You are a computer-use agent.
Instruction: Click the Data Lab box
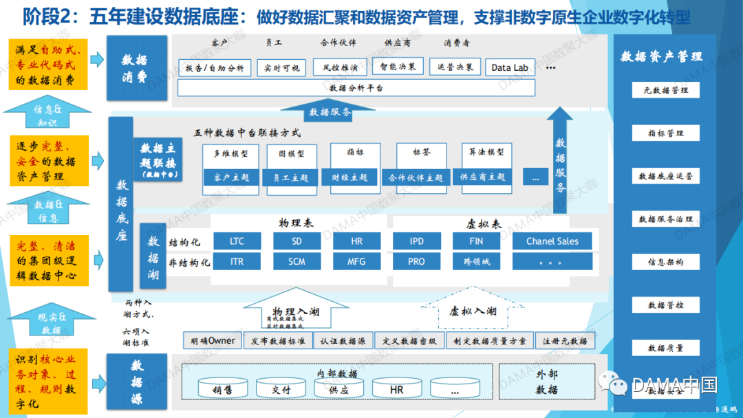point(510,67)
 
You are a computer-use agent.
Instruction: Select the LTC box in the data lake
point(237,241)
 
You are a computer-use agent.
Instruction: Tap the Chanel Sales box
point(552,241)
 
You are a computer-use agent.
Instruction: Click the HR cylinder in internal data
point(396,390)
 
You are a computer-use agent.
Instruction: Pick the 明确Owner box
point(213,340)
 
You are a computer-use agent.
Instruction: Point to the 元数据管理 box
point(665,90)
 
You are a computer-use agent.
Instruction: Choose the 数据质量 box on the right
point(665,348)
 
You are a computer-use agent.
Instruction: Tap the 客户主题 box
point(231,177)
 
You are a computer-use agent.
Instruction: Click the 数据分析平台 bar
point(356,88)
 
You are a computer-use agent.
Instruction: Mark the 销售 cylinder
point(222,390)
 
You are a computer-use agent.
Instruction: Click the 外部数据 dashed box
point(546,382)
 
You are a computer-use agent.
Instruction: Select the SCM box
point(297,262)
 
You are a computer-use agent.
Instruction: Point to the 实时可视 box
point(282,67)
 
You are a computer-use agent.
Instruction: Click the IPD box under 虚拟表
point(416,241)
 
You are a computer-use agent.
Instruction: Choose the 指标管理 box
point(665,133)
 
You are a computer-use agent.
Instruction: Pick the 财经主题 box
point(349,177)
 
